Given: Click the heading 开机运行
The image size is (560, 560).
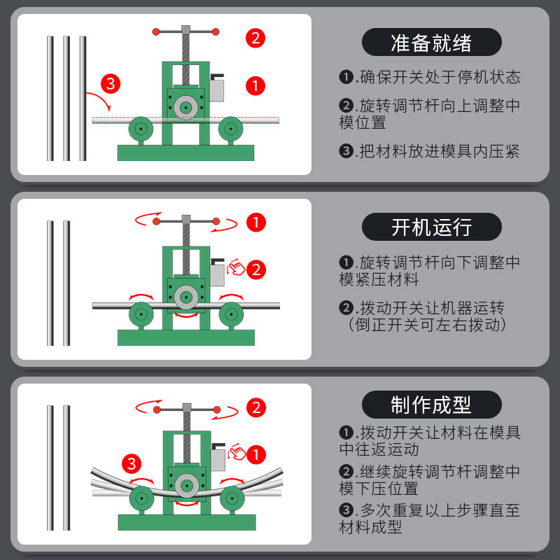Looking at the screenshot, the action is (431, 227).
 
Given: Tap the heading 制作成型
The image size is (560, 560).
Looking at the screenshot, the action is (431, 404).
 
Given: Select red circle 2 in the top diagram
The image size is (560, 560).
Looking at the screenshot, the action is (256, 38).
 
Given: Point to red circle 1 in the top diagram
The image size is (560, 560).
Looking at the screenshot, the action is (256, 86).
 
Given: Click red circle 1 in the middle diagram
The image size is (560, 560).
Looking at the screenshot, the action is (256, 223).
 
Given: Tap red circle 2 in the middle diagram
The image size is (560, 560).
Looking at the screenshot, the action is (256, 269).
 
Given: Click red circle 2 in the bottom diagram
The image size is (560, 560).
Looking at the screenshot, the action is (256, 407).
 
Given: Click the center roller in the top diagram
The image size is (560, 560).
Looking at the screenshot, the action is (185, 108).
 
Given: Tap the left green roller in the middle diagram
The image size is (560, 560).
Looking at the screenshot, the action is (141, 314).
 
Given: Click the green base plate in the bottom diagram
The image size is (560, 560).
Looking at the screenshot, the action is (186, 522).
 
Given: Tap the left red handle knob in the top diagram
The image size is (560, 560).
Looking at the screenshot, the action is (157, 31).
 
